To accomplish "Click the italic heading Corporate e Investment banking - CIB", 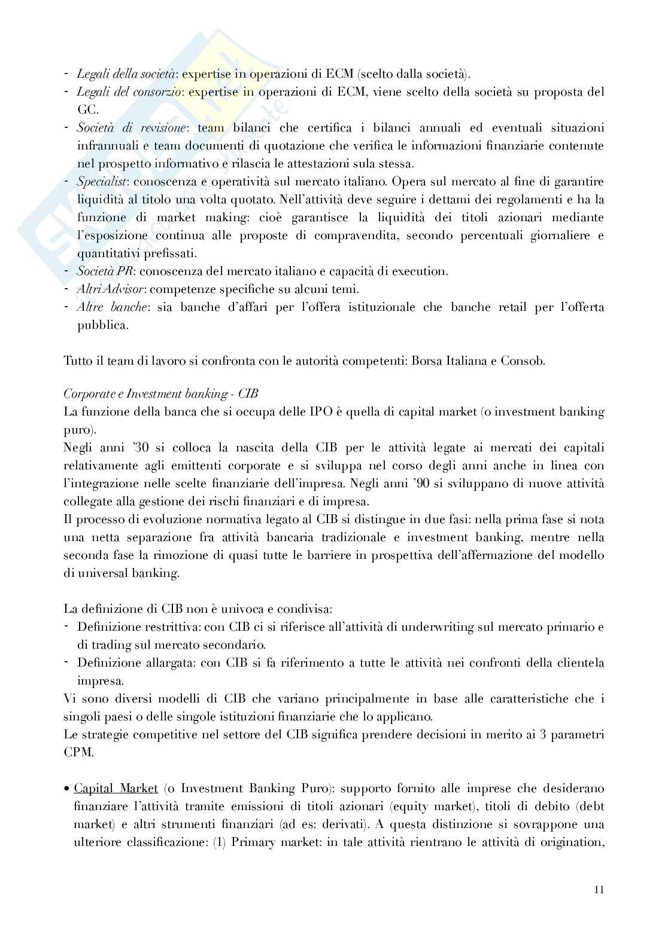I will [x=161, y=394].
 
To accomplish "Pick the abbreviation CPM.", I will [x=77, y=752].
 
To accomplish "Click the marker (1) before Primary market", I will [x=219, y=842].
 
